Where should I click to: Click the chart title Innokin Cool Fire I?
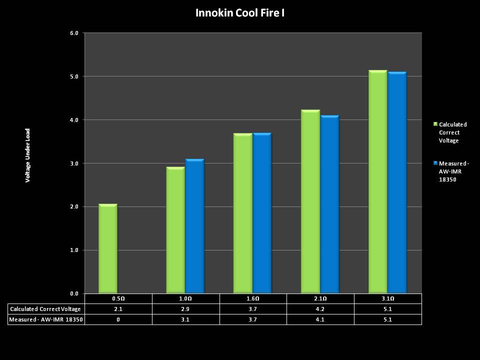pos(240,12)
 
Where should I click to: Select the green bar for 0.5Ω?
pos(107,248)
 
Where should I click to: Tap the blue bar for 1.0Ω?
pos(194,226)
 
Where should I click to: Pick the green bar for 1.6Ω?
pos(243,213)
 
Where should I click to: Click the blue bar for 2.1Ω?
pos(329,204)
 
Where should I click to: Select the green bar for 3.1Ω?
pos(377,182)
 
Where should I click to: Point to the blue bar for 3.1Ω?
pos(397,183)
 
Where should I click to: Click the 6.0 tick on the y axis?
pos(74,33)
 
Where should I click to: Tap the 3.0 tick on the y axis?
pos(74,163)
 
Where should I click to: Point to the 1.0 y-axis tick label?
pos(74,250)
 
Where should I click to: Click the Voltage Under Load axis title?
pos(28,155)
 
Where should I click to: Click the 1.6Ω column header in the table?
pos(253,298)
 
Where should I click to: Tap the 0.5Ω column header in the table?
pos(118,298)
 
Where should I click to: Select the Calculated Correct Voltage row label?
pos(46,309)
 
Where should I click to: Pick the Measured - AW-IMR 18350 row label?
pos(46,319)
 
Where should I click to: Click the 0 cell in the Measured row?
pos(118,319)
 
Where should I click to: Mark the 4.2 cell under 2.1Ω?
pos(320,309)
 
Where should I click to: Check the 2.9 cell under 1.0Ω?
pos(186,309)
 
